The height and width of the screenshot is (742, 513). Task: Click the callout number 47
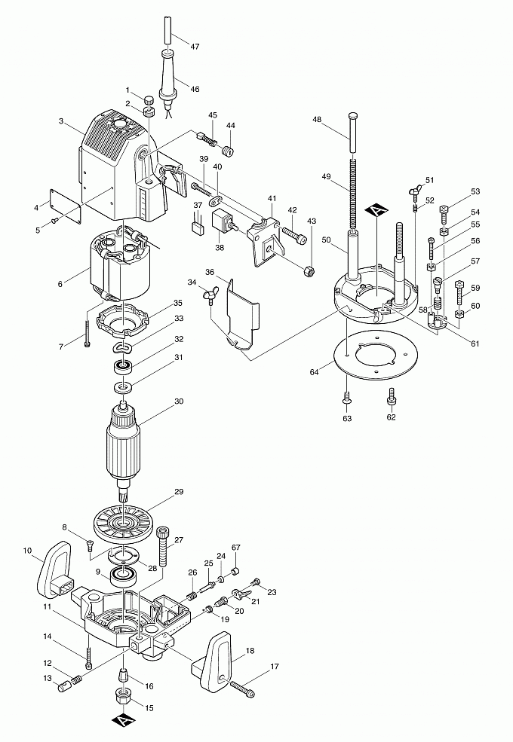pos(195,47)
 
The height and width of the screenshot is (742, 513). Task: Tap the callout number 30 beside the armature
pos(179,402)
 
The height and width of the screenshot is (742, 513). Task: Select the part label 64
pos(314,371)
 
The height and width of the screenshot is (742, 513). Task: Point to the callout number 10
pos(27,551)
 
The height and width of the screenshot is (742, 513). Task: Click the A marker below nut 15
pos(123,722)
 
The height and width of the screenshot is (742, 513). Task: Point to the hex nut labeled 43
pos(308,270)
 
